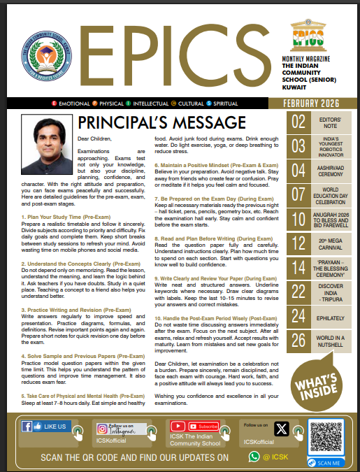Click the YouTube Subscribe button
[x=204, y=425]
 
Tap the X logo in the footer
[x=281, y=429]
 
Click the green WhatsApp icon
[x=254, y=457]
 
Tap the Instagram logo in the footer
[x=103, y=429]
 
